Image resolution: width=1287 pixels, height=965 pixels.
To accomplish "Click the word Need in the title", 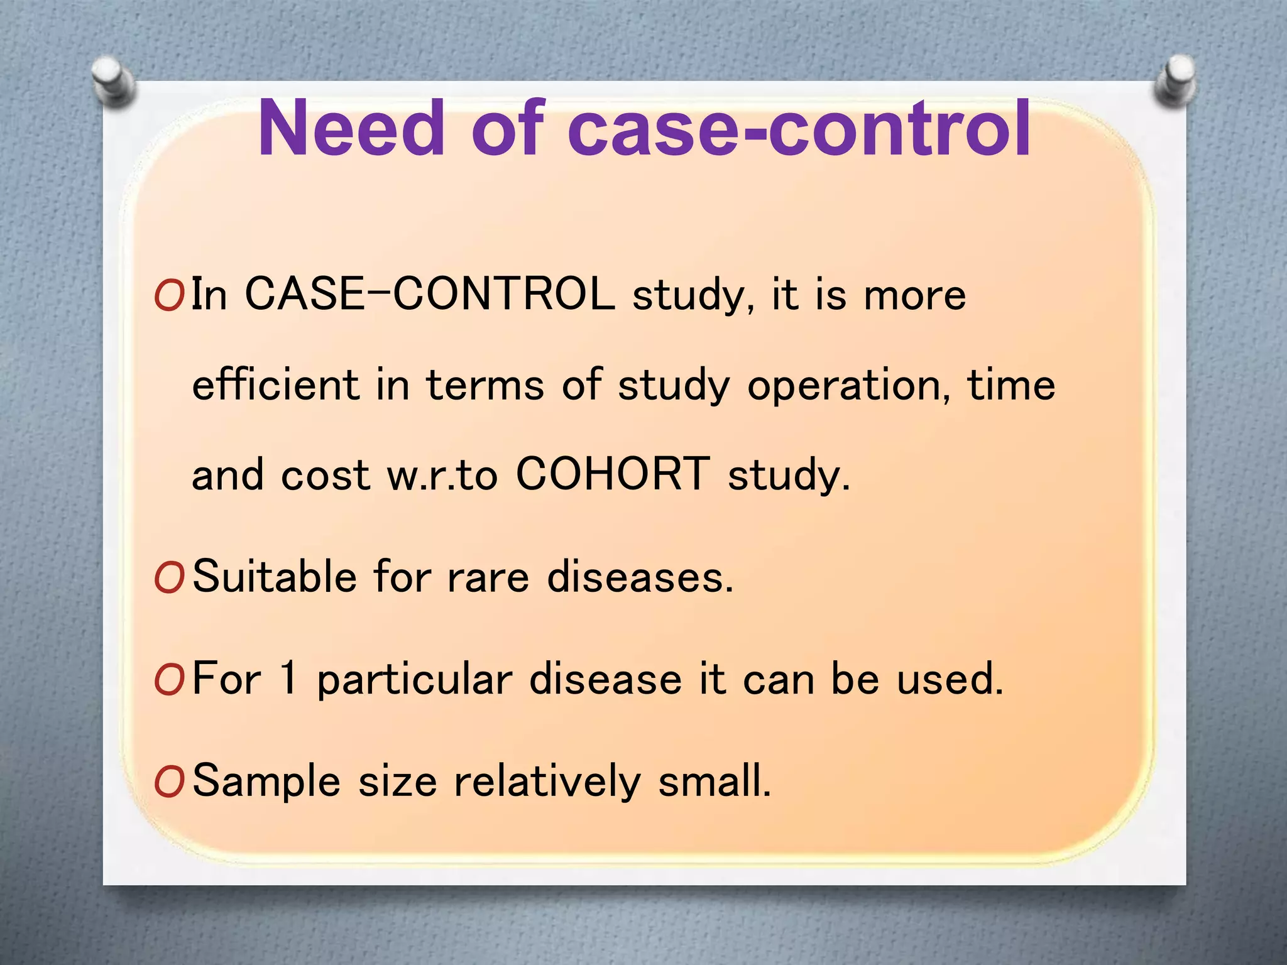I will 352,129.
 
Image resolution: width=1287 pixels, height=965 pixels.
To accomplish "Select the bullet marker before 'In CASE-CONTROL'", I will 169,295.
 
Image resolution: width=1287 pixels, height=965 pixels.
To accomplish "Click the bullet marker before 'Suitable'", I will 169,577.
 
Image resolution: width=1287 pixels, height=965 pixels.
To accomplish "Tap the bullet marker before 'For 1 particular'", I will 169,680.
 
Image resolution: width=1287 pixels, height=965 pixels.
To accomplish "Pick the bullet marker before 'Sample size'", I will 169,782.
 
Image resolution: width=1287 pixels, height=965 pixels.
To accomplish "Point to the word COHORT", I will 613,474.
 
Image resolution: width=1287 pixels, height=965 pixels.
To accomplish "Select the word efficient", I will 275,384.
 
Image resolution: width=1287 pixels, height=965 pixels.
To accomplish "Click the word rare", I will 488,577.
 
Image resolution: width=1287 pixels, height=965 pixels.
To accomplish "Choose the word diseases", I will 640,576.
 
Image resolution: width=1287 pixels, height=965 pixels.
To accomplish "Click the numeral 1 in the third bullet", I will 288,678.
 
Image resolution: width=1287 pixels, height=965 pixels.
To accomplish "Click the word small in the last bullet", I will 714,780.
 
